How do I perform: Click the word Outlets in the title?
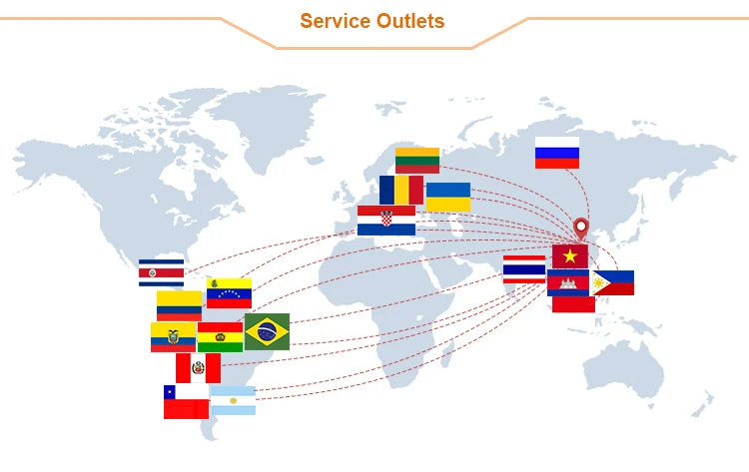tap(408, 21)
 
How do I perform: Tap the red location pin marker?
tap(580, 229)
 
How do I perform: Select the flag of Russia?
tap(556, 153)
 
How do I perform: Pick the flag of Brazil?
tap(267, 331)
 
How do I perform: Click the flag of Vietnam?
tap(570, 256)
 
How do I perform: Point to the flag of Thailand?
tap(524, 269)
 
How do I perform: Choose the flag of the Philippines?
tap(614, 282)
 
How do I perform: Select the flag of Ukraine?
tap(448, 197)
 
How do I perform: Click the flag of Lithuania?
tap(417, 161)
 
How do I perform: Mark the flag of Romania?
tap(401, 190)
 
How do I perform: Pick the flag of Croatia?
tap(386, 220)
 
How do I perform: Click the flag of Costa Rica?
tap(161, 272)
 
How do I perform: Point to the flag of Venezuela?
tap(229, 293)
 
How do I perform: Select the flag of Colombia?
tap(179, 304)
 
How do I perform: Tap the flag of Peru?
tap(198, 368)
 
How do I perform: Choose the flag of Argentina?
tap(233, 400)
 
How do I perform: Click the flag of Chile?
tap(186, 401)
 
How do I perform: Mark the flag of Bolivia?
tap(220, 337)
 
